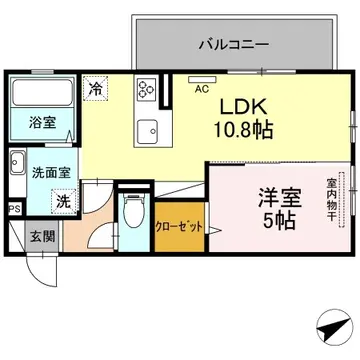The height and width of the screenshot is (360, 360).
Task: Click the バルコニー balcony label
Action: click(233, 45)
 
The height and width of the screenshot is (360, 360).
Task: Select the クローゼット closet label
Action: click(180, 227)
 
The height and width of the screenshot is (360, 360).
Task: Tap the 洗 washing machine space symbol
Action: click(62, 200)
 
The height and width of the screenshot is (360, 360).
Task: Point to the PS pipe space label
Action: click(13, 208)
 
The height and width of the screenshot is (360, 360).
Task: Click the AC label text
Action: click(202, 87)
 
